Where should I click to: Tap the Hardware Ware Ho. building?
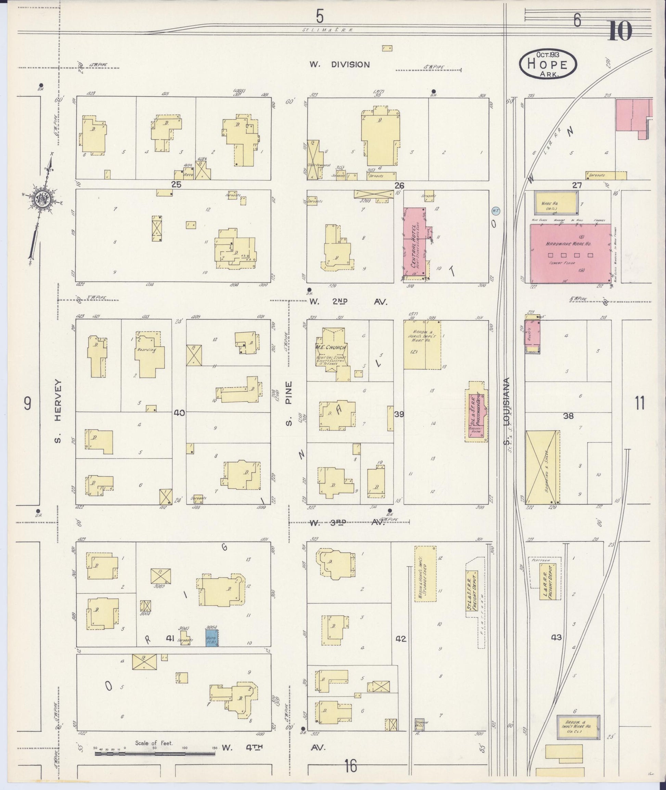point(570,253)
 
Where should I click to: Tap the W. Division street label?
point(340,65)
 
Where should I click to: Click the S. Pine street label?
point(289,403)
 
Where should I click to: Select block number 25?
point(176,184)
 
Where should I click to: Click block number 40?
point(179,413)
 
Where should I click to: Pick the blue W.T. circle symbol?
point(496,211)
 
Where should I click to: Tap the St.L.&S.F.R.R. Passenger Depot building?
point(476,416)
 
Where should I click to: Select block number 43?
point(556,637)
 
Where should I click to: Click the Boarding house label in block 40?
point(147,350)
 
